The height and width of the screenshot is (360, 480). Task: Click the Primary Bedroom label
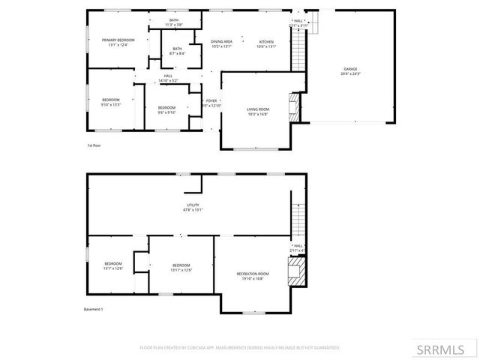pyautogui.click(x=118, y=42)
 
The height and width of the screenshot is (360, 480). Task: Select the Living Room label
pyautogui.click(x=258, y=112)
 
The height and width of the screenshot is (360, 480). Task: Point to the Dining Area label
pyautogui.click(x=221, y=43)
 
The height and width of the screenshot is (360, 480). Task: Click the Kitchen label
pyautogui.click(x=267, y=43)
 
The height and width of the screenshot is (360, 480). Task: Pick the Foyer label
pyautogui.click(x=211, y=103)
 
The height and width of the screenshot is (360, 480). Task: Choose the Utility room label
pyautogui.click(x=193, y=207)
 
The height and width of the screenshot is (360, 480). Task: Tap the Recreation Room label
pyautogui.click(x=253, y=276)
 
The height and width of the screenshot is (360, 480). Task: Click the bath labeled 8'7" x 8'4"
pyautogui.click(x=177, y=51)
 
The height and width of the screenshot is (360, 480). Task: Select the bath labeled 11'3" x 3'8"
pyautogui.click(x=173, y=22)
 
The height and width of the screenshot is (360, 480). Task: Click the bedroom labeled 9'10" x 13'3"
pyautogui.click(x=111, y=102)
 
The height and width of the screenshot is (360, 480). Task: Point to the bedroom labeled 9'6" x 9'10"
pyautogui.click(x=166, y=110)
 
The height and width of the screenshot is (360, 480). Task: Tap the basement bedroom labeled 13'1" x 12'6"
pyautogui.click(x=113, y=266)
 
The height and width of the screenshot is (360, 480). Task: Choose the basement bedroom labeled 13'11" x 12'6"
pyautogui.click(x=181, y=267)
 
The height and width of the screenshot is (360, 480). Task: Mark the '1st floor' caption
pyautogui.click(x=94, y=145)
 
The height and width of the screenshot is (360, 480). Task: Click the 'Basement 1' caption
pyautogui.click(x=93, y=309)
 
